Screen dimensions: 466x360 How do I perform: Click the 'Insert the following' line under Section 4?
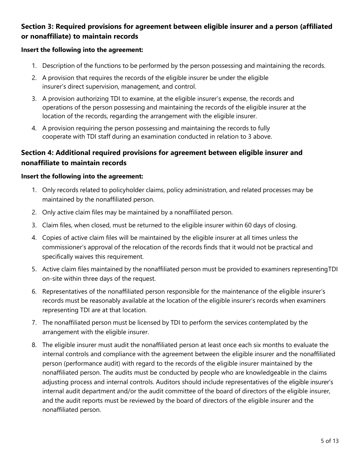82,177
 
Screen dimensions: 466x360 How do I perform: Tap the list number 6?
34,292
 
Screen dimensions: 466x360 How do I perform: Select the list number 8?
34,345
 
